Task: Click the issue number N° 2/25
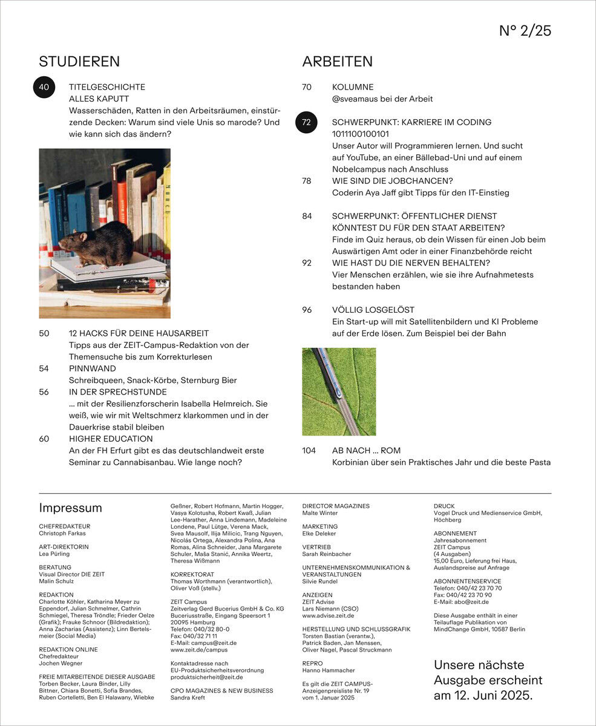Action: pyautogui.click(x=525, y=31)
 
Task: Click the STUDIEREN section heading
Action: pyautogui.click(x=79, y=62)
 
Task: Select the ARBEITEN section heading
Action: pyautogui.click(x=337, y=62)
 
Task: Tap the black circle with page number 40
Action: pyautogui.click(x=44, y=87)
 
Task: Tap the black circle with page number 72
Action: pyautogui.click(x=306, y=122)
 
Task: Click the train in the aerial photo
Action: pyautogui.click(x=330, y=375)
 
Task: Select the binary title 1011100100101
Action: pyautogui.click(x=361, y=134)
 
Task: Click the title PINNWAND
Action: pyautogui.click(x=93, y=368)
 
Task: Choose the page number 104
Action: pyautogui.click(x=309, y=451)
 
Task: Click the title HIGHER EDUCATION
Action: pyautogui.click(x=111, y=439)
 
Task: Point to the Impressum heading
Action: pyautogui.click(x=70, y=508)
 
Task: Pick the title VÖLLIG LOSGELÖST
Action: pyautogui.click(x=373, y=310)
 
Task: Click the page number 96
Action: pyautogui.click(x=307, y=310)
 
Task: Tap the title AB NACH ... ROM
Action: pyautogui.click(x=366, y=451)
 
